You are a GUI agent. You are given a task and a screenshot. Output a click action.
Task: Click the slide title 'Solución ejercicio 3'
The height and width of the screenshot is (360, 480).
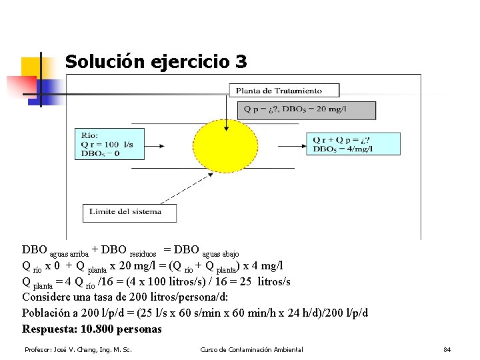pos(156,62)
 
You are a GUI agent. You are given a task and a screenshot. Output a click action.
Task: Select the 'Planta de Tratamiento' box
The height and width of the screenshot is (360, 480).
pos(284,91)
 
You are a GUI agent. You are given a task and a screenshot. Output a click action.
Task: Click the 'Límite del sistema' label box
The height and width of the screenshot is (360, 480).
pos(130,212)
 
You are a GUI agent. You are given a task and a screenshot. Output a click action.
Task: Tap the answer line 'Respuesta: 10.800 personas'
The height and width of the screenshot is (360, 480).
pos(92,329)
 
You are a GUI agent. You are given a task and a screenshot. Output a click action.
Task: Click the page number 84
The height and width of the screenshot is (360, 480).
pos(447,350)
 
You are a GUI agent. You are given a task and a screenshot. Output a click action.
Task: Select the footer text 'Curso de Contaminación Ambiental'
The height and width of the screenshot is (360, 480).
pos(251,350)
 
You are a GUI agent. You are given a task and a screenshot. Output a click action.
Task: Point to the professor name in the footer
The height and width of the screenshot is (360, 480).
pos(78,350)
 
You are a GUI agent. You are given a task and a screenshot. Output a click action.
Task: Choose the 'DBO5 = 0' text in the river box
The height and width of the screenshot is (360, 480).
pos(100,153)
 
